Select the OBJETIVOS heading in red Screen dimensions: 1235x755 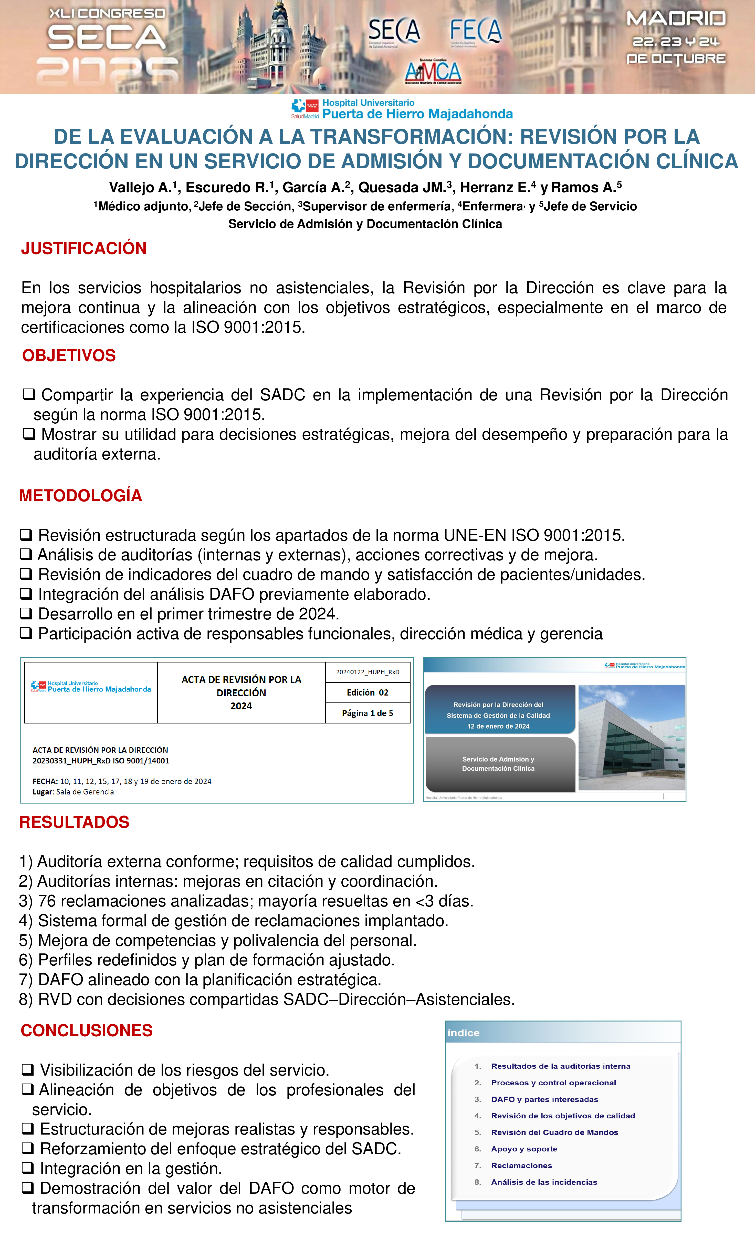(69, 355)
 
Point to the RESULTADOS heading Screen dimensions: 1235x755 (74, 822)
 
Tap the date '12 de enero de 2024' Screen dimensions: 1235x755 (498, 726)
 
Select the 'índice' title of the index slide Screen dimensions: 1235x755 (463, 1033)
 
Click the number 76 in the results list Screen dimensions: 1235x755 (47, 901)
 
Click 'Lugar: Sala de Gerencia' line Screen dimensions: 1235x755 (73, 792)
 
